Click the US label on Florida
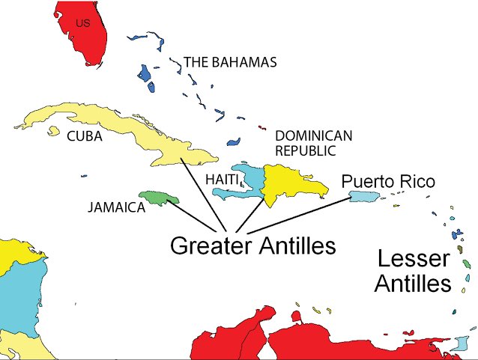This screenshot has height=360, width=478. [83, 24]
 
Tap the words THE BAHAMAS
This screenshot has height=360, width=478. [230, 62]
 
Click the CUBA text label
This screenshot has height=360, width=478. [85, 136]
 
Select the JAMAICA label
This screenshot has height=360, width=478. [115, 207]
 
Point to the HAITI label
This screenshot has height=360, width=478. [222, 180]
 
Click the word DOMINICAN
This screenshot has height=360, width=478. [313, 135]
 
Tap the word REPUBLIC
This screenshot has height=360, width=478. [306, 150]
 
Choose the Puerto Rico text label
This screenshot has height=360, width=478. [387, 182]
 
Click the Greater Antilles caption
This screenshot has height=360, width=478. [252, 245]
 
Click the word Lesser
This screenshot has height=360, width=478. [414, 260]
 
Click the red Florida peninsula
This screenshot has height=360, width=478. [86, 41]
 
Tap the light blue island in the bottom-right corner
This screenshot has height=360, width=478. [459, 345]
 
